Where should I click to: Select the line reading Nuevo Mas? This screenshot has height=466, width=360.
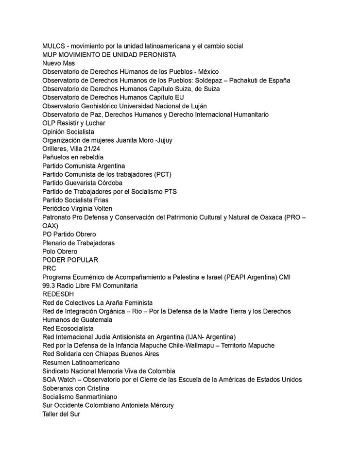pyautogui.click(x=59, y=63)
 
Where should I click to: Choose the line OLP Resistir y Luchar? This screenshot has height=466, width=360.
pyautogui.click(x=74, y=123)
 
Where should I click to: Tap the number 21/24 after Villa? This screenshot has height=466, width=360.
pyautogui.click(x=91, y=149)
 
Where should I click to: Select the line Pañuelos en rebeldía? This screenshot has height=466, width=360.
pyautogui.click(x=73, y=157)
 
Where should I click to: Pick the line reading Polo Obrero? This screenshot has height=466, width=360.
pyautogui.click(x=60, y=251)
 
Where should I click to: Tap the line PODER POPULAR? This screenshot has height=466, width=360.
pyautogui.click(x=70, y=260)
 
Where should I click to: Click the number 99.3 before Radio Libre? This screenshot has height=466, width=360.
pyautogui.click(x=49, y=285)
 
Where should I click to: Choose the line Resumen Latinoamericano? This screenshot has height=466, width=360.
pyautogui.click(x=81, y=363)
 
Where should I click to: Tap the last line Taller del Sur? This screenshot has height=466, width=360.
pyautogui.click(x=61, y=414)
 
